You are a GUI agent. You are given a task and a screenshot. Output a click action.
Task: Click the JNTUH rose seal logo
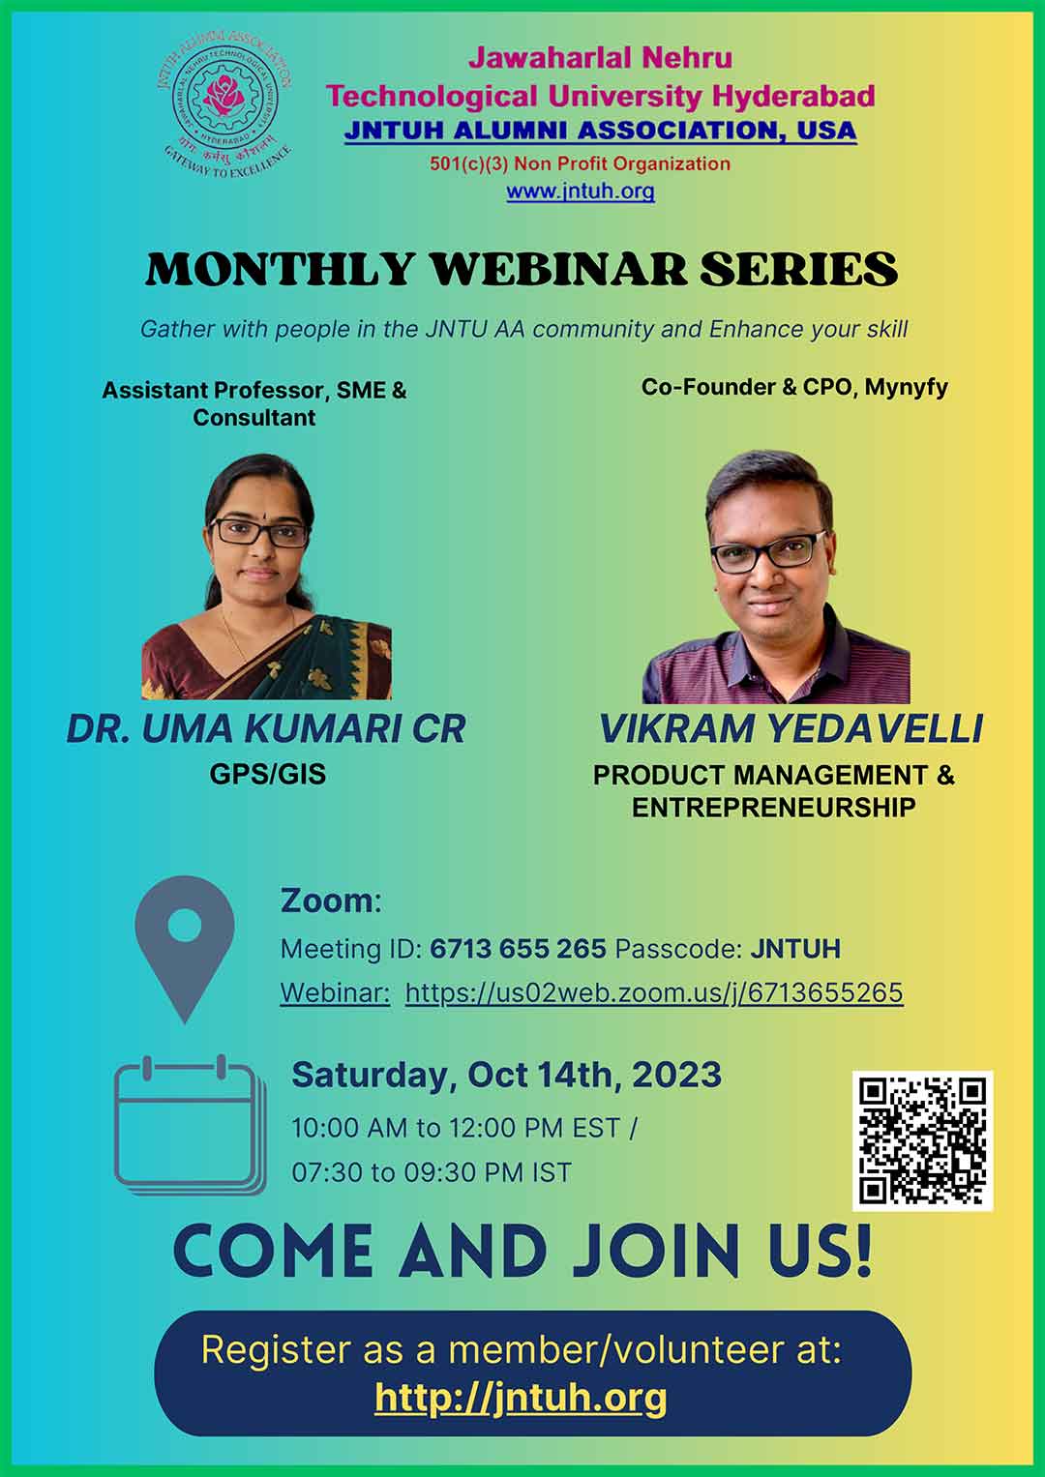(x=224, y=104)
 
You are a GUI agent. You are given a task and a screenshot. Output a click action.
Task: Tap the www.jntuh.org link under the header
(x=581, y=192)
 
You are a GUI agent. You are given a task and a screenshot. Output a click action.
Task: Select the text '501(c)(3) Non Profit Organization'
(x=580, y=163)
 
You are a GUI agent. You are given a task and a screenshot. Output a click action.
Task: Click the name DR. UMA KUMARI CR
(x=266, y=728)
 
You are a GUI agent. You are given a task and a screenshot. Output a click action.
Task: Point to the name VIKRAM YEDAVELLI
(x=791, y=728)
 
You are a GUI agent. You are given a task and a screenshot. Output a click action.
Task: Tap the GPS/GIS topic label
(x=268, y=774)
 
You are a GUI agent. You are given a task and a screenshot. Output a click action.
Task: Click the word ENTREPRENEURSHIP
(x=774, y=808)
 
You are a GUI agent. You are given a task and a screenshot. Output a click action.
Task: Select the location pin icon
(x=185, y=950)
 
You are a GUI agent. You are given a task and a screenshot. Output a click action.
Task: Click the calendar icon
(x=190, y=1126)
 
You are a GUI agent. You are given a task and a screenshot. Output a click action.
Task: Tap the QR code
(x=922, y=1141)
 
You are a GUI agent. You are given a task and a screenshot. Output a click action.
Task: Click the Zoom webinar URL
(x=654, y=992)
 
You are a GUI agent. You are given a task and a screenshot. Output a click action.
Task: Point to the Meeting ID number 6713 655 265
(x=518, y=949)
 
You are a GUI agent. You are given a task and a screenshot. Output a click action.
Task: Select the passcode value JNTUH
(x=795, y=949)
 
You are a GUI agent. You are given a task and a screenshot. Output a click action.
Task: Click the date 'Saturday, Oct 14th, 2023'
(x=507, y=1076)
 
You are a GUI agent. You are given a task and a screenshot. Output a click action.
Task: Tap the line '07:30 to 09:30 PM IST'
(x=432, y=1172)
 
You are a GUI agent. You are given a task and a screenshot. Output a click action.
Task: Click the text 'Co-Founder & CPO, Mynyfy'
(x=794, y=387)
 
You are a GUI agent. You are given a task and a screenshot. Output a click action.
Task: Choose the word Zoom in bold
(x=327, y=901)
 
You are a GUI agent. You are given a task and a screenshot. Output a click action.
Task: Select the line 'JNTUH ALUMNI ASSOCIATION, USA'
(x=600, y=131)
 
